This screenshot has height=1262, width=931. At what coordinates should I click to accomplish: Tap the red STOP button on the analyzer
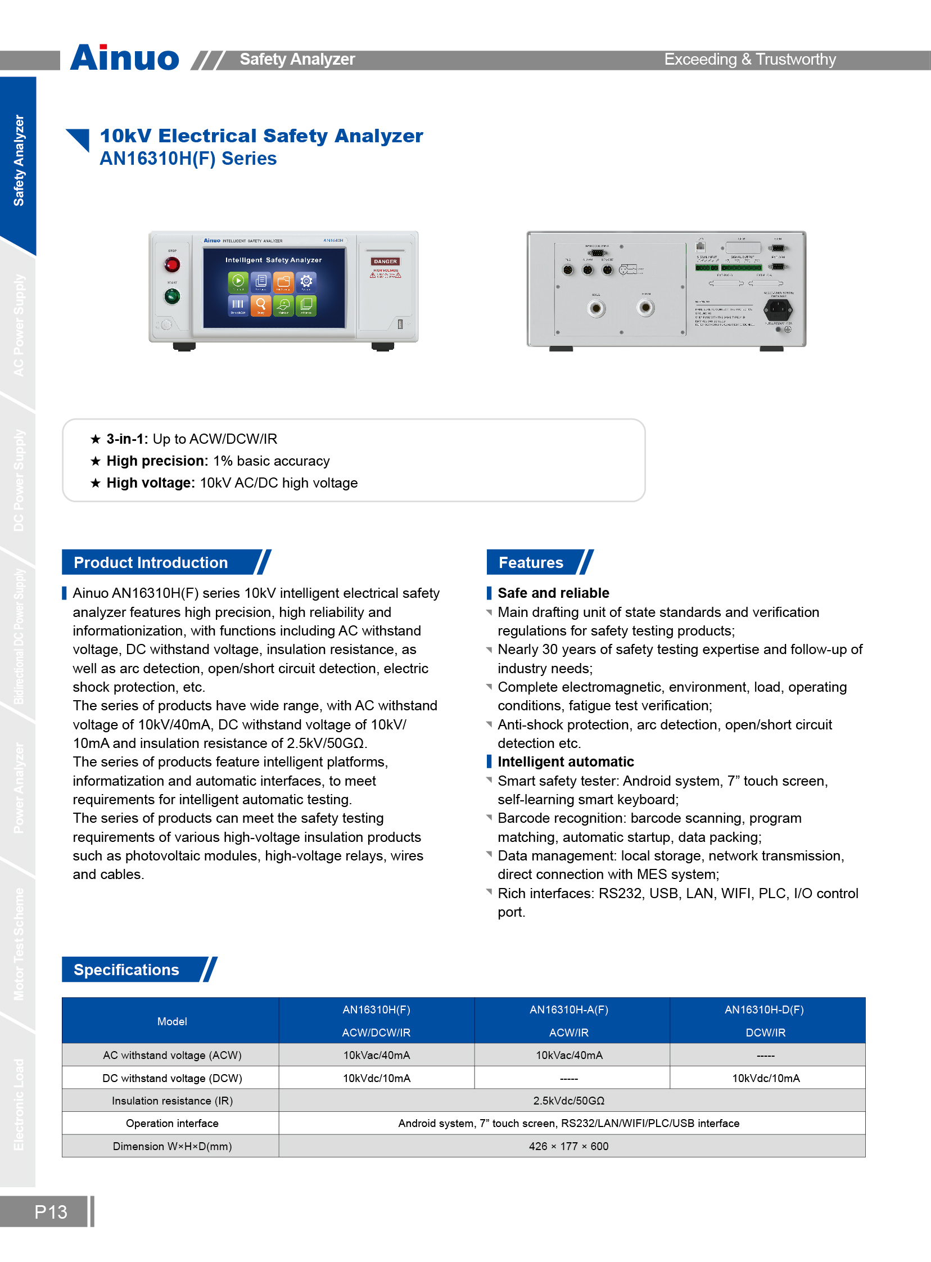pos(172,264)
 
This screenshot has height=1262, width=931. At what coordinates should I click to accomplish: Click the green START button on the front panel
pos(172,296)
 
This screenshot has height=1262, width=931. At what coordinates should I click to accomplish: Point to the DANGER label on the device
pos(385,262)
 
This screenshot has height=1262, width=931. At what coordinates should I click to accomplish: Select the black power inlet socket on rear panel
pos(778,308)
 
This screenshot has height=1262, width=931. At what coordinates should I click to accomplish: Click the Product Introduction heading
pos(151,562)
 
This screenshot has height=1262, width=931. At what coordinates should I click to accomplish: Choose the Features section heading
pos(531,562)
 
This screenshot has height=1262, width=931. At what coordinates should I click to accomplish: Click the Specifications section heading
pos(126,970)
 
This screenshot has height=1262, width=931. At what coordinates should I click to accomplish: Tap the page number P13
pos(51,1211)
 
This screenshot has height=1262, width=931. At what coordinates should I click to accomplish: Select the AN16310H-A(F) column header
pos(568,1009)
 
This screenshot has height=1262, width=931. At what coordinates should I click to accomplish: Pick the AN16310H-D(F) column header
pos(764,1009)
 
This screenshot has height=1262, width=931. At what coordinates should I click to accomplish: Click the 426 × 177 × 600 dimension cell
pos(568,1146)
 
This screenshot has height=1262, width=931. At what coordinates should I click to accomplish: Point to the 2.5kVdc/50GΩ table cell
pos(568,1100)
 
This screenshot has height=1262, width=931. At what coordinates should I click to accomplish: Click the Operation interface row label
pos(172,1123)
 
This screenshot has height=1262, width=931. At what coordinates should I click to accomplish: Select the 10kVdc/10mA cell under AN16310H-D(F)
pos(766,1078)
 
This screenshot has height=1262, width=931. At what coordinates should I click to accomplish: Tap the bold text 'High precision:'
pos(157,461)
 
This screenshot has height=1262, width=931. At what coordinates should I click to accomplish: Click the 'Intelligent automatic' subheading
pos(565,761)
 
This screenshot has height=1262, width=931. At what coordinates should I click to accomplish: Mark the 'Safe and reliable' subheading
pos(553,593)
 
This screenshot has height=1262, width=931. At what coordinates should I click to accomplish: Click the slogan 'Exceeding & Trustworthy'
pos(749,59)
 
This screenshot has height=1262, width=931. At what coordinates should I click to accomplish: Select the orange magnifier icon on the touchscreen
pos(261,305)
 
